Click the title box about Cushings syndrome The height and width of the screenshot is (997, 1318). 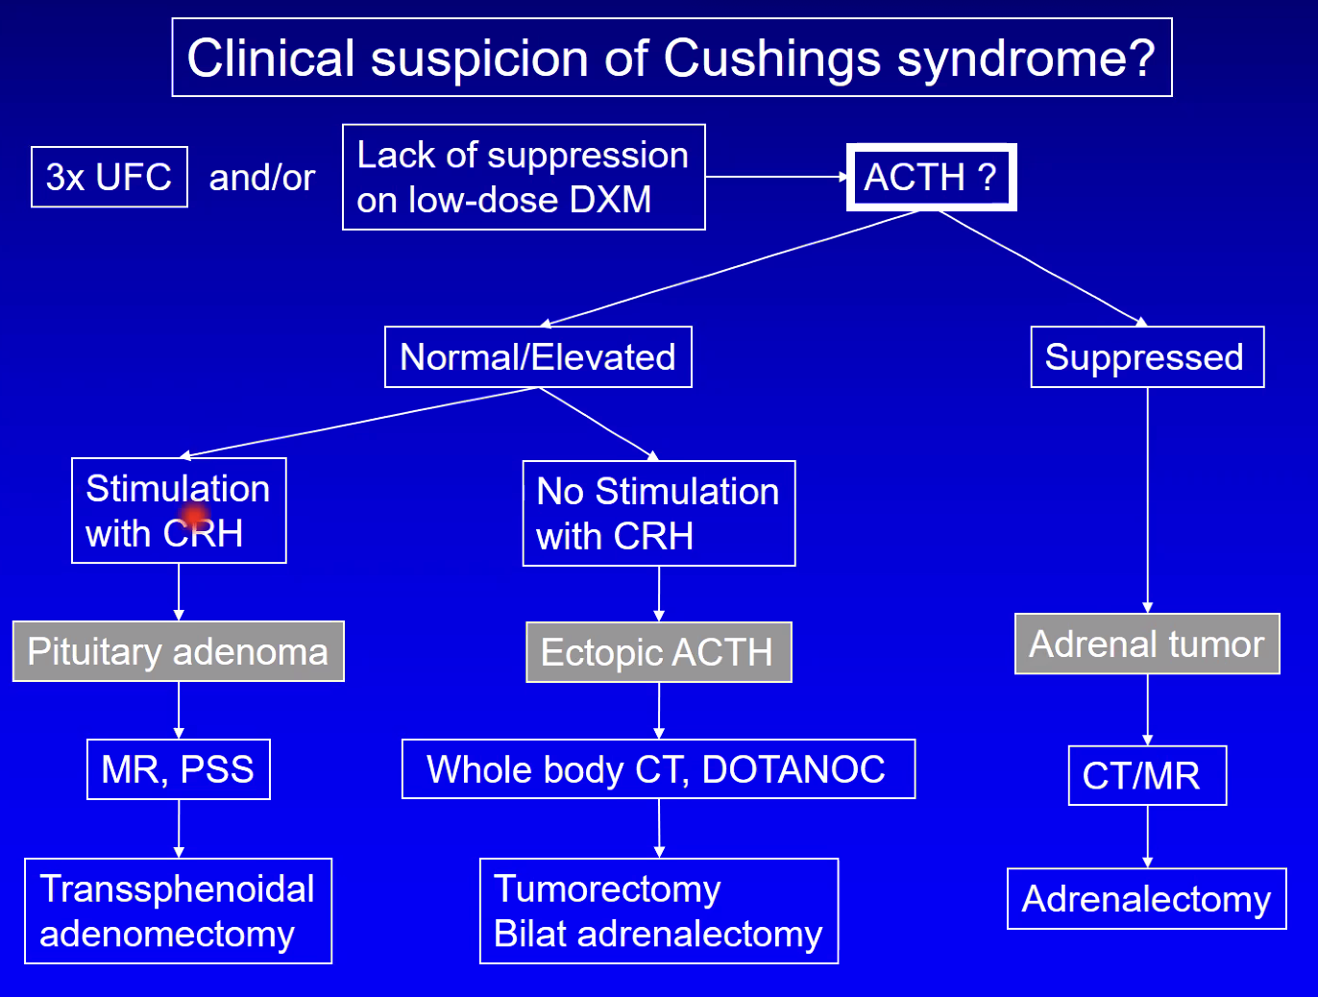(671, 57)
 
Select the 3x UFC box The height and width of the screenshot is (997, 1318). (110, 177)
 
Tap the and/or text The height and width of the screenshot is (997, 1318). (262, 178)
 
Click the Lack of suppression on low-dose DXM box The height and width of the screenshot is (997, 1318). (524, 177)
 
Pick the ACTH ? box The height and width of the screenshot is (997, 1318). (931, 177)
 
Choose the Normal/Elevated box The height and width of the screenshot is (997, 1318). (538, 357)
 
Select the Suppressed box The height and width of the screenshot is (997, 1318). (1147, 357)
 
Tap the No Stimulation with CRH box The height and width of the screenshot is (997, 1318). (659, 513)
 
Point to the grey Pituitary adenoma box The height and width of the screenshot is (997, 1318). (179, 651)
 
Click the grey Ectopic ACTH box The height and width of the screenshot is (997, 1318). (659, 652)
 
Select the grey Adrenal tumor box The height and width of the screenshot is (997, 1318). (1147, 644)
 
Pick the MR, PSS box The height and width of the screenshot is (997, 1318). (179, 769)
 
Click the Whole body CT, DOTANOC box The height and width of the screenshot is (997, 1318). (659, 769)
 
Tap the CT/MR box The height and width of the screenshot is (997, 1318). (1147, 775)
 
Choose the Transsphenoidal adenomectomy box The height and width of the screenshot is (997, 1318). (179, 912)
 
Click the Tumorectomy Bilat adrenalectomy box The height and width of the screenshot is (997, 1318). (659, 912)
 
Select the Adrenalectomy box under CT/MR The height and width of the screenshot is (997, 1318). (1147, 899)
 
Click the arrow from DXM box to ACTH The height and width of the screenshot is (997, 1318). (776, 177)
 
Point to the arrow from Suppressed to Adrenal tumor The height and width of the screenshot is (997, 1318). (1147, 500)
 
